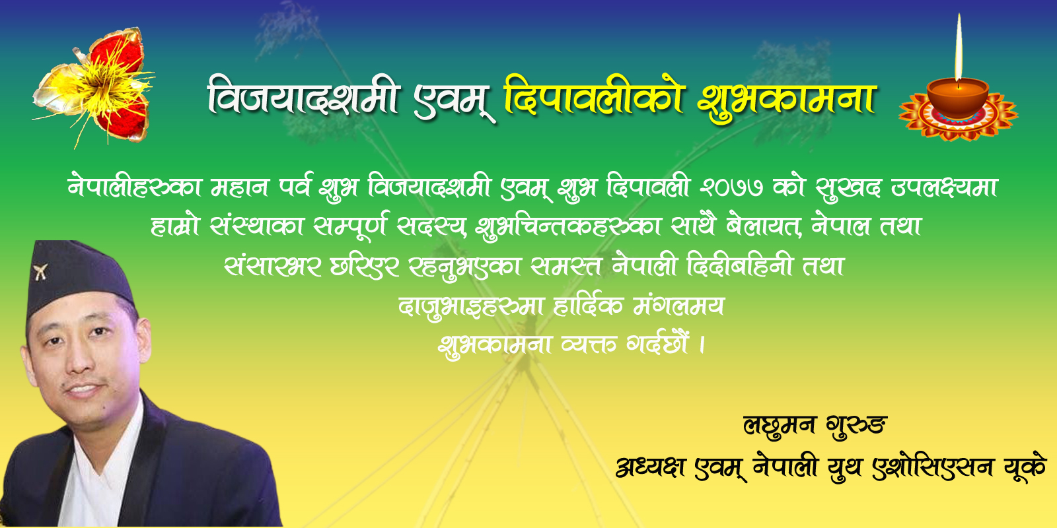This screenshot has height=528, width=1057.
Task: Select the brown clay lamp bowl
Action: tap(958, 98)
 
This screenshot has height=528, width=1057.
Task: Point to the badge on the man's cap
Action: tap(40, 271)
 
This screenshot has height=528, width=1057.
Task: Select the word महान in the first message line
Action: tap(240, 187)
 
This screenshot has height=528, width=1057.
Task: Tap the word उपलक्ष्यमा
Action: tap(944, 187)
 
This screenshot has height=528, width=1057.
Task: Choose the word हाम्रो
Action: tap(175, 226)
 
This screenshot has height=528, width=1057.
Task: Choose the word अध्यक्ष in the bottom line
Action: tap(651, 467)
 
